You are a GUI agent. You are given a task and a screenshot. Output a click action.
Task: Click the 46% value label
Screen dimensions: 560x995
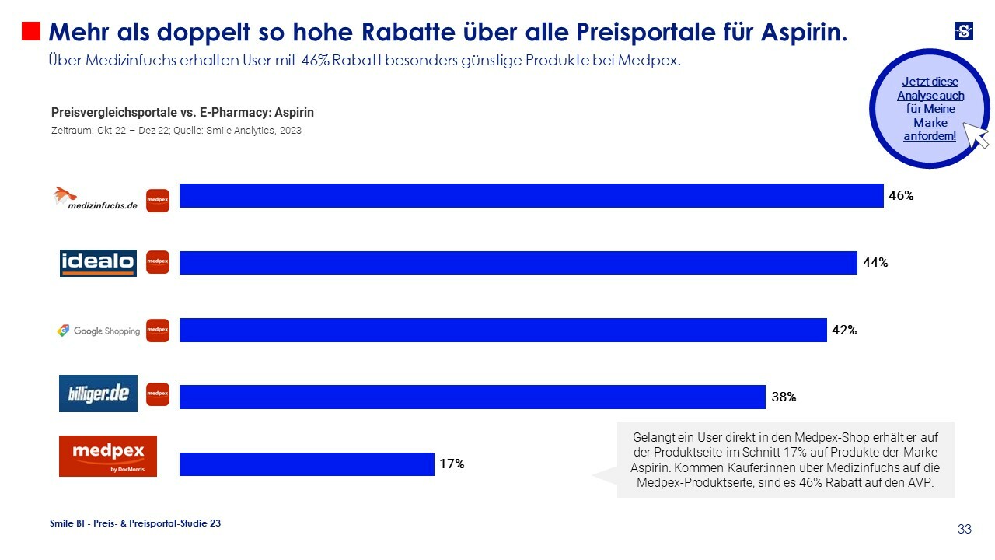[x=901, y=196]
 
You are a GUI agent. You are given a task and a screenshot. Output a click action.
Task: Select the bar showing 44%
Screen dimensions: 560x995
[x=518, y=263]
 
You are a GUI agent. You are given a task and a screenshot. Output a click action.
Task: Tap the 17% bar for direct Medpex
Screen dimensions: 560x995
[x=306, y=464]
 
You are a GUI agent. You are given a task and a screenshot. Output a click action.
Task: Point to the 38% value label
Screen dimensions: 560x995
[x=783, y=397]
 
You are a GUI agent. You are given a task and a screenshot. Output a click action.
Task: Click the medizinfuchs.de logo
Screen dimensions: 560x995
[x=96, y=199]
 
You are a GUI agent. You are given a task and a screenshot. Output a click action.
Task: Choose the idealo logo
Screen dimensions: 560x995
[x=98, y=263]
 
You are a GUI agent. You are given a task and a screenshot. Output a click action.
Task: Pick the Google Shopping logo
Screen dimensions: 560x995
[x=98, y=331]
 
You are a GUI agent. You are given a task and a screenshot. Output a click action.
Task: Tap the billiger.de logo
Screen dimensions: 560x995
[x=98, y=394]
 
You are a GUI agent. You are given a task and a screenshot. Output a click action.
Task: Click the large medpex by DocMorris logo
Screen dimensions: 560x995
[x=108, y=456]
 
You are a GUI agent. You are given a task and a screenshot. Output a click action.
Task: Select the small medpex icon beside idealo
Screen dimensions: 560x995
[x=158, y=262]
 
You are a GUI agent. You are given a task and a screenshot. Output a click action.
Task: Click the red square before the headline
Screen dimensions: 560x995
[x=30, y=31]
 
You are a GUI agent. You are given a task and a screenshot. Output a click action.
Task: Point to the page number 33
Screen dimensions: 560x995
[x=965, y=530]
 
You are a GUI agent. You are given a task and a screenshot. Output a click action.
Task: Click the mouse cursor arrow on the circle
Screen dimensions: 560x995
[x=976, y=135]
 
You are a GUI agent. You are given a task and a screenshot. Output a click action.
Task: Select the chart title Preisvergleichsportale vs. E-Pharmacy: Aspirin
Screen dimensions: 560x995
[x=183, y=113]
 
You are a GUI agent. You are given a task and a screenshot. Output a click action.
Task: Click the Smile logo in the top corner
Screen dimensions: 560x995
[x=964, y=31]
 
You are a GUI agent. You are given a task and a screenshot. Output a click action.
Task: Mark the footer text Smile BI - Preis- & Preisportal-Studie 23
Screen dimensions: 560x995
[x=135, y=523]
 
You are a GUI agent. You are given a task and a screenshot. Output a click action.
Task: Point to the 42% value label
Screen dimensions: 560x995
[x=844, y=330]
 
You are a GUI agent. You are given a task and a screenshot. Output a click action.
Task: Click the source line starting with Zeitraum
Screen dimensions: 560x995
[x=176, y=131]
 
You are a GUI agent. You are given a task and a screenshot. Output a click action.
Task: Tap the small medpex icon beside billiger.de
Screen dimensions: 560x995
[x=158, y=394]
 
